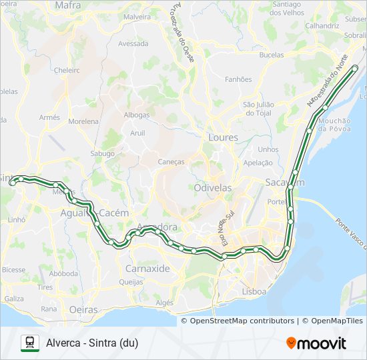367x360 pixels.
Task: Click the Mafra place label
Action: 67,5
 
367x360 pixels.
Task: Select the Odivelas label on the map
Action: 213,188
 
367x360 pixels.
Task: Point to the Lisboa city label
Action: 255,291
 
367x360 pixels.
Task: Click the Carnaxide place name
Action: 147,269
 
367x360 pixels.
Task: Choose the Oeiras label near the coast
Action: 83,309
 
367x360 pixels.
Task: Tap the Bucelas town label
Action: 271,55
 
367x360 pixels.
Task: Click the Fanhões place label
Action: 238,79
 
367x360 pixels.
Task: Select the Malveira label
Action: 137,17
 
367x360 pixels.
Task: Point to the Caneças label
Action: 171,161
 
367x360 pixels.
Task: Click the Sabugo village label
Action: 103,153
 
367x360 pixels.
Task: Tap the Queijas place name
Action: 131,281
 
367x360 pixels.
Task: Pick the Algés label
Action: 164,303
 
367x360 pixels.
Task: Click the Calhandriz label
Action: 322,25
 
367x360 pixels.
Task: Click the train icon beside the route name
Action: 29,343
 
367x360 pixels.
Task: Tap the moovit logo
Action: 316,343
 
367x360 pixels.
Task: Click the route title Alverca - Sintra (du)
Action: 97,343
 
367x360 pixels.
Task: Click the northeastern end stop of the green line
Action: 355,68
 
